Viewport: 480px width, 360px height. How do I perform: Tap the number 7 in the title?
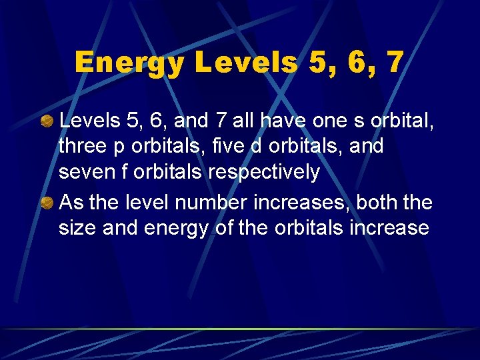(x=394, y=63)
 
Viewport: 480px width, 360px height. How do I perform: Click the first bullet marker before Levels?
(x=47, y=121)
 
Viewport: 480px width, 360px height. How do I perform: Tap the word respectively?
(x=264, y=173)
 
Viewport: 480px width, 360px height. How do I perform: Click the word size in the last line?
(x=77, y=228)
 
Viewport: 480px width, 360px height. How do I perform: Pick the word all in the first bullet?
(x=243, y=121)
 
